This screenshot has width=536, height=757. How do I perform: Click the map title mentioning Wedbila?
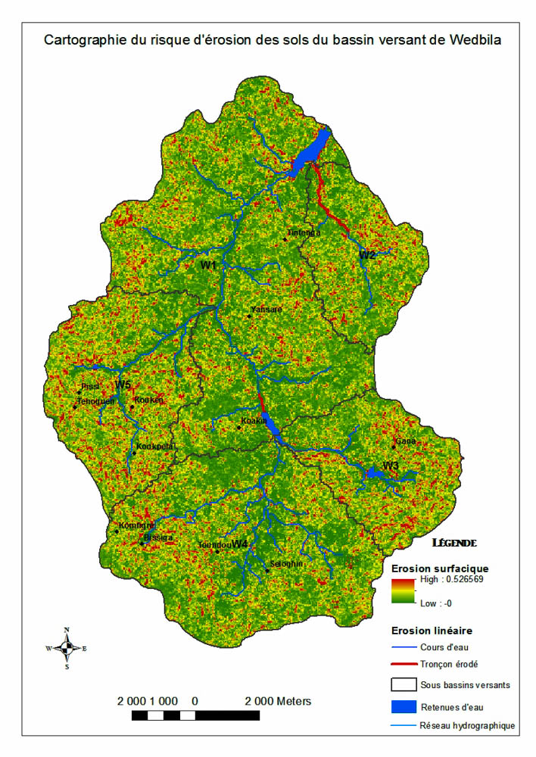point(273,40)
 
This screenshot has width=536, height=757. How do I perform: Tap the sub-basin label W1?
point(209,265)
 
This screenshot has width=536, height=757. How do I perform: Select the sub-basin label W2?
point(368,255)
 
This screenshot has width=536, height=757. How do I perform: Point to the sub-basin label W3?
point(391,465)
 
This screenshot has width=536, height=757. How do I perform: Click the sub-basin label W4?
point(240,544)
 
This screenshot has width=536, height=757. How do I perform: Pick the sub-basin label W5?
point(123,385)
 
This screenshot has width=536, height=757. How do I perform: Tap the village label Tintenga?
point(304,233)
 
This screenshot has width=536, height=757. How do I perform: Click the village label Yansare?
point(266,310)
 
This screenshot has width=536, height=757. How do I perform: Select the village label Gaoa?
point(406,442)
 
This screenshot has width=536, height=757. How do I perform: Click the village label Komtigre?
point(137,525)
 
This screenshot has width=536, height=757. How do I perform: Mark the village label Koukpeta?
point(157,447)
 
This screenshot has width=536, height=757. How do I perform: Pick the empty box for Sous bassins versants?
point(404,685)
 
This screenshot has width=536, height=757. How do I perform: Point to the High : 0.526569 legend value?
point(453,581)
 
